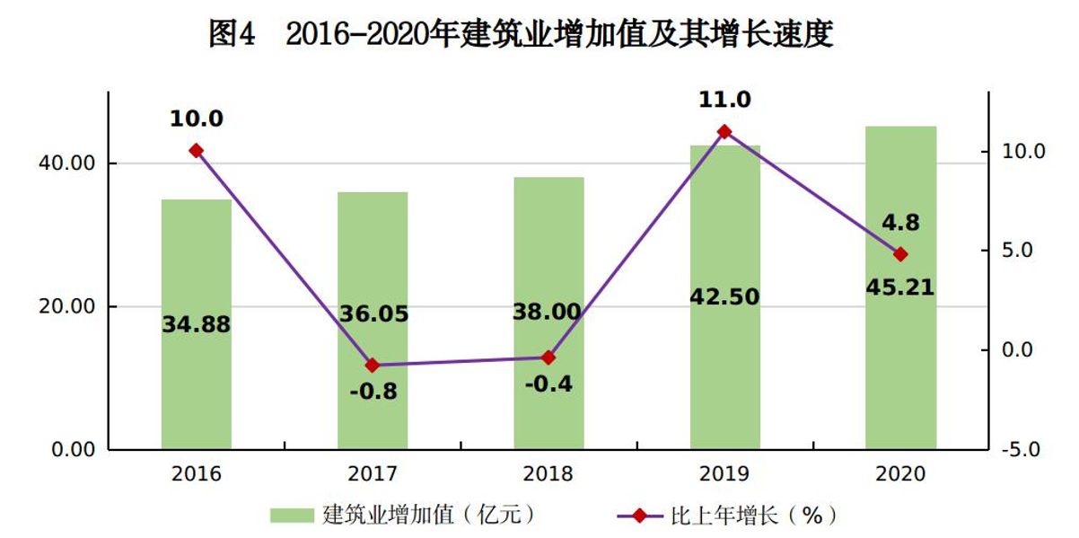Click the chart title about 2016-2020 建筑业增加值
coord(521,34)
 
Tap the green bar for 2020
coord(900,377)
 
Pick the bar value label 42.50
coord(724,296)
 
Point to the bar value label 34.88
coord(197,325)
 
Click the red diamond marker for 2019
coord(724,131)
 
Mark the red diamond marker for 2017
coord(373,366)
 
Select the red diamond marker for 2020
coord(900,254)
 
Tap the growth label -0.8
coord(373,392)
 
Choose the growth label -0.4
coord(548,384)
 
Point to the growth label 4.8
coord(900,223)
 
